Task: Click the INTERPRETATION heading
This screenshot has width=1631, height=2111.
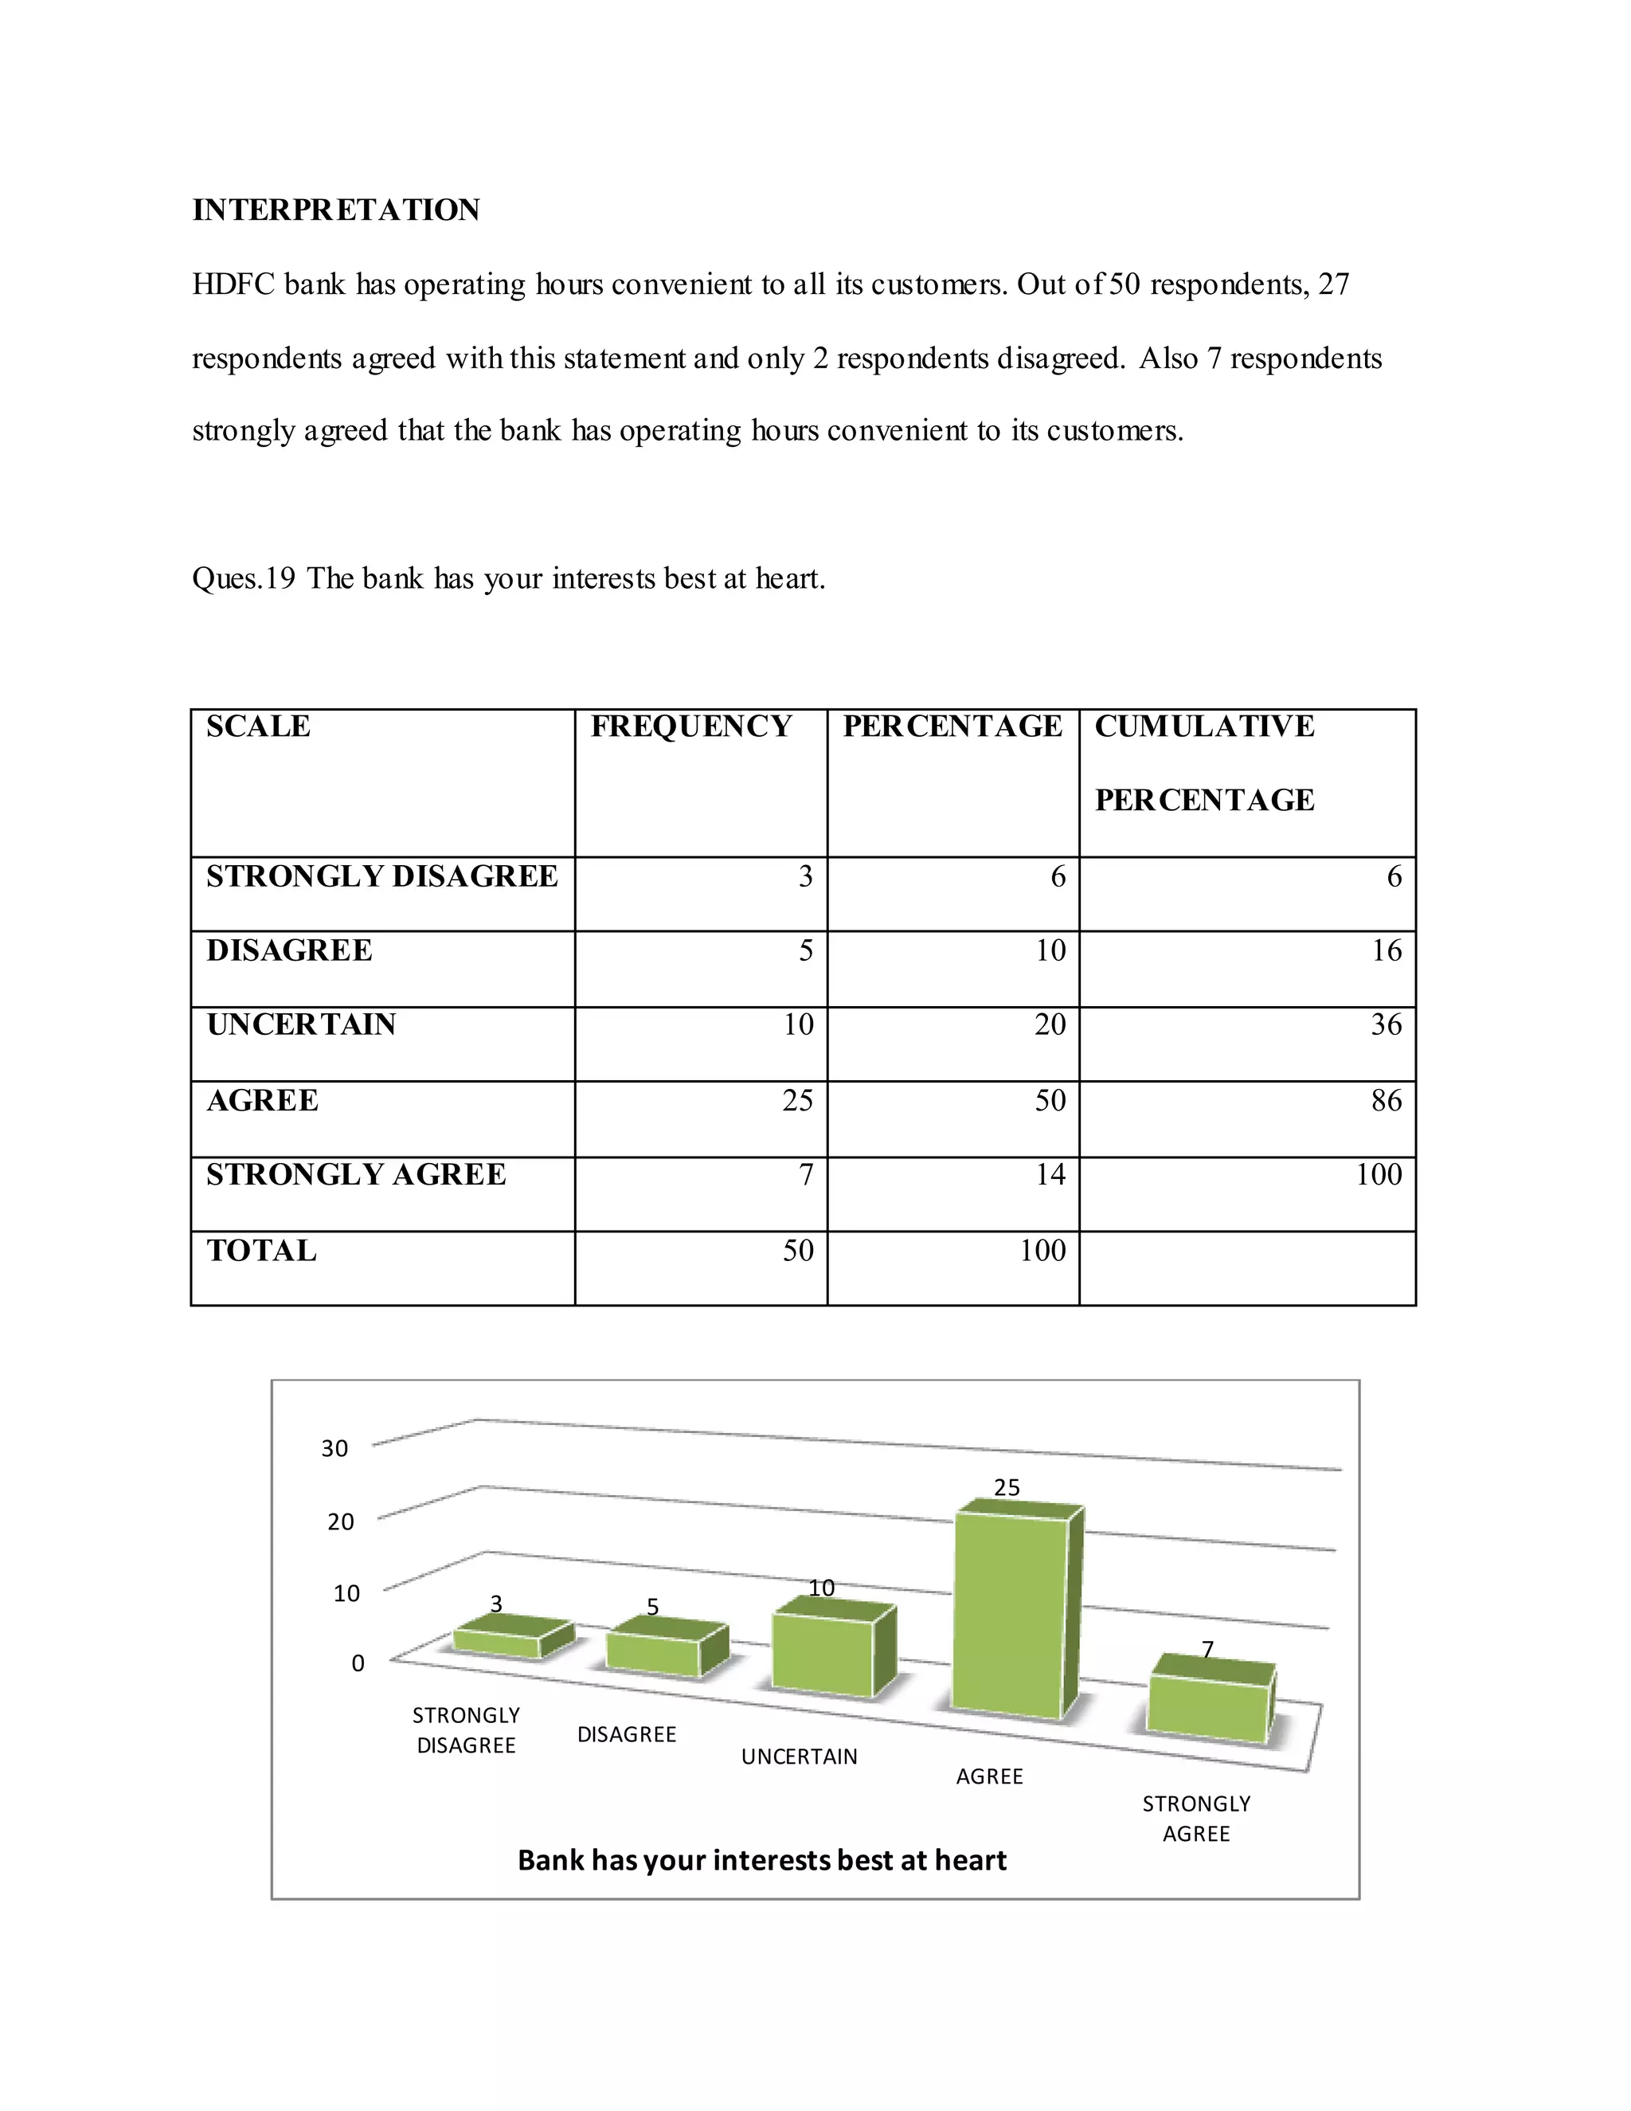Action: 335,210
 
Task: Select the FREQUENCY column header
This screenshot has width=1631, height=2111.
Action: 690,726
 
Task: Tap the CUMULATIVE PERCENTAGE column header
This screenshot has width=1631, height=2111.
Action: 1204,762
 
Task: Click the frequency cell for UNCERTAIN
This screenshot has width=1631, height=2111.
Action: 798,1024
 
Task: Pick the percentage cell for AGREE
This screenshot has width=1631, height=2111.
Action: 1050,1100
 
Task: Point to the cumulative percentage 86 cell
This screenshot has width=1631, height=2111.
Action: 1386,1100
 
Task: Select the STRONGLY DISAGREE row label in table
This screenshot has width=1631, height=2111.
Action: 381,877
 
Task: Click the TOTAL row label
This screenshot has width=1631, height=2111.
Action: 261,1251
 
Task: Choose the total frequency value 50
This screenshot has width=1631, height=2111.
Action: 798,1251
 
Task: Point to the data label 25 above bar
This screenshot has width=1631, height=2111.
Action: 1007,1487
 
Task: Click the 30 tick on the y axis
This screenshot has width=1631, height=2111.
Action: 334,1448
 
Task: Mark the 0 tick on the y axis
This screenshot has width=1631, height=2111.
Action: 358,1663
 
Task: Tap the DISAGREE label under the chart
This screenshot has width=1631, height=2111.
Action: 626,1735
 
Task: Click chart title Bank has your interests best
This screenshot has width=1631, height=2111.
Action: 761,1861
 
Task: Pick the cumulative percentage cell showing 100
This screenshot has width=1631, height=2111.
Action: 1379,1175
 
